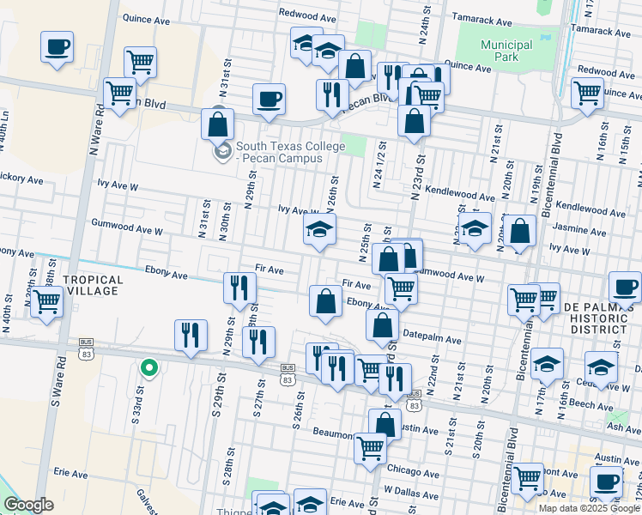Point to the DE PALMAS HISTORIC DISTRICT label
600,318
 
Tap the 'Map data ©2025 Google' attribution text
589,507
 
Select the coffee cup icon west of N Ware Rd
57,47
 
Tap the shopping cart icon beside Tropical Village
47,302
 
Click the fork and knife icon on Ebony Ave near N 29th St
239,288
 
